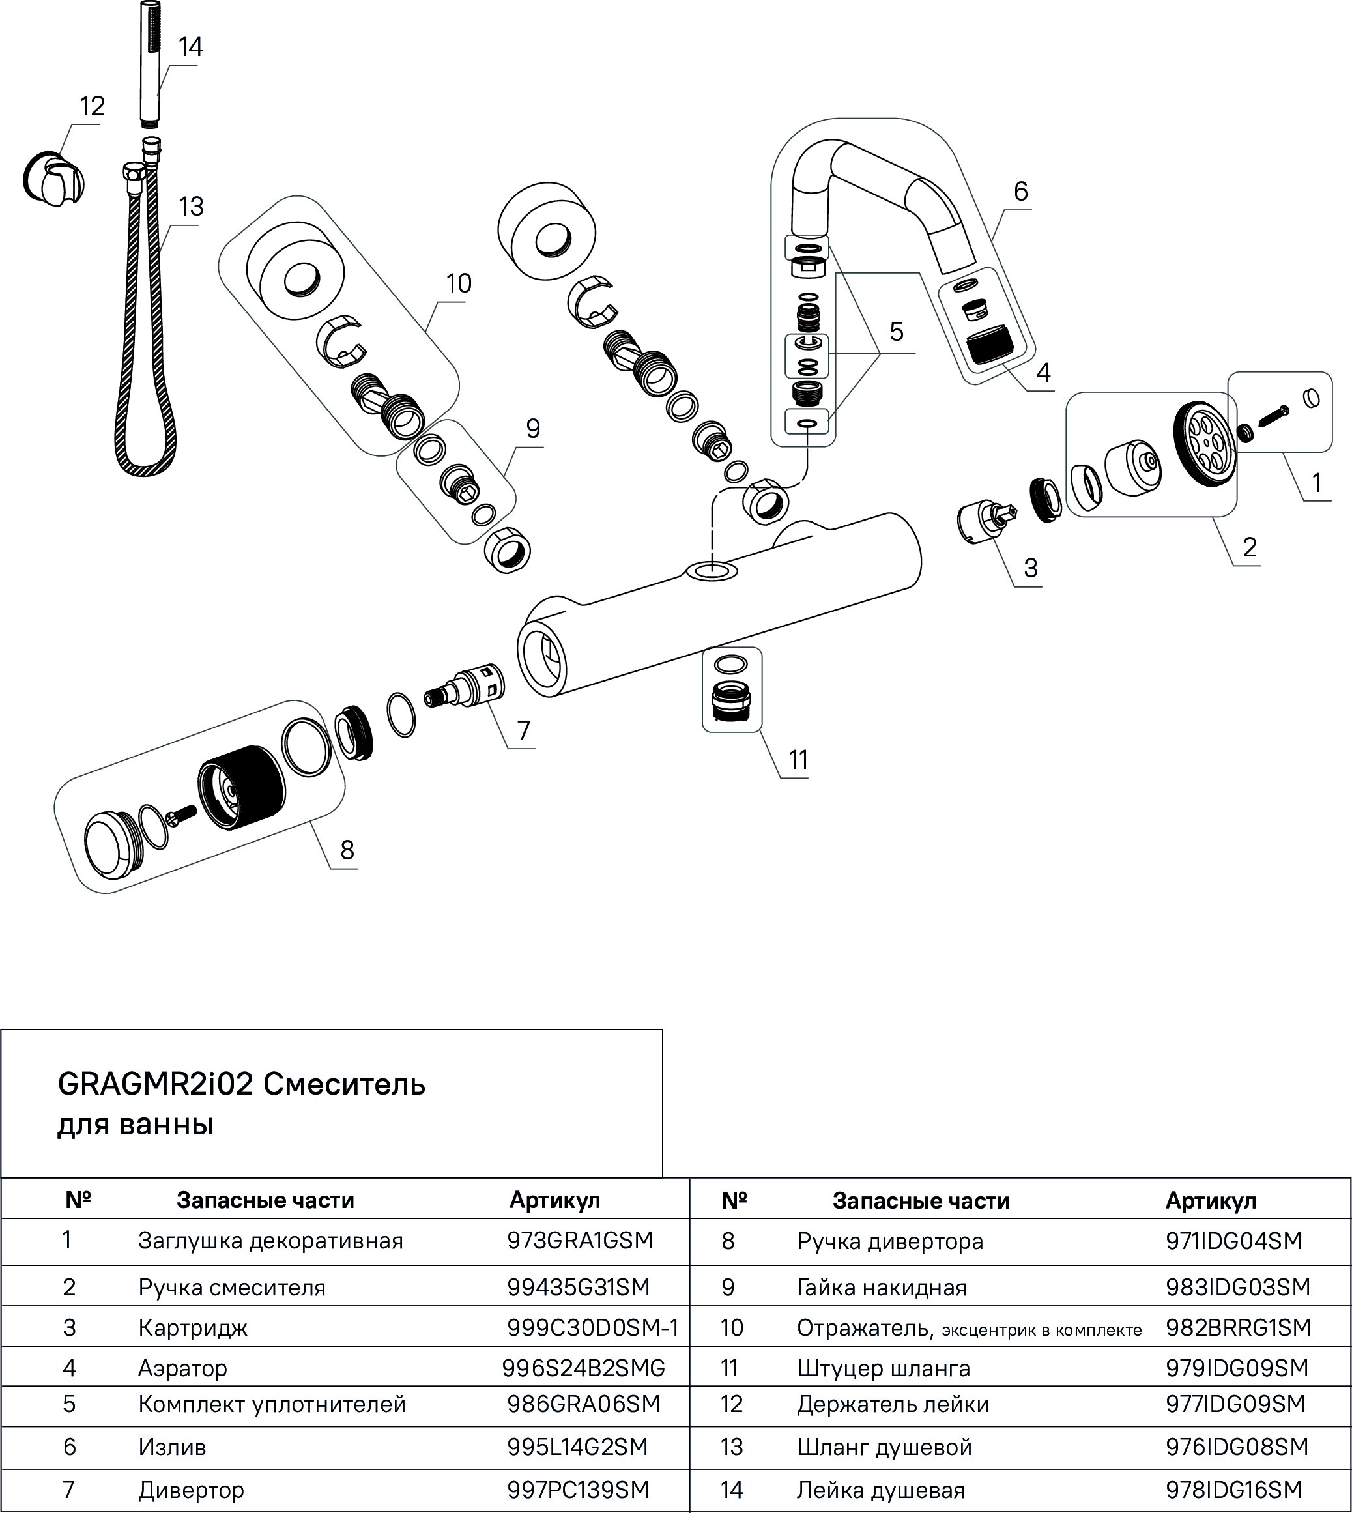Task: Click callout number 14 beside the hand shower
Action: coord(190,47)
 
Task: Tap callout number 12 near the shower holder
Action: coord(92,106)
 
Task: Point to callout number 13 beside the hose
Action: coord(191,206)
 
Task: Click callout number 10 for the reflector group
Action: coord(458,283)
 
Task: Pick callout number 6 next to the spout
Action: coord(1021,192)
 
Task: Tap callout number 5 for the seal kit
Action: coord(896,331)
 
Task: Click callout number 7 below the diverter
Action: coord(524,730)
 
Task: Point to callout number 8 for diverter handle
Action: coord(347,849)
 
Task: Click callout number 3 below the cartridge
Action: coord(1030,568)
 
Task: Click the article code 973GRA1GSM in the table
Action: coord(579,1241)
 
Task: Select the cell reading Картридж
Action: coord(192,1328)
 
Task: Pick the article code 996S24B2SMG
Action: coord(583,1368)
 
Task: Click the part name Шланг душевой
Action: coord(884,1447)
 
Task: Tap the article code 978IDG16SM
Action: coord(1234,1490)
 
